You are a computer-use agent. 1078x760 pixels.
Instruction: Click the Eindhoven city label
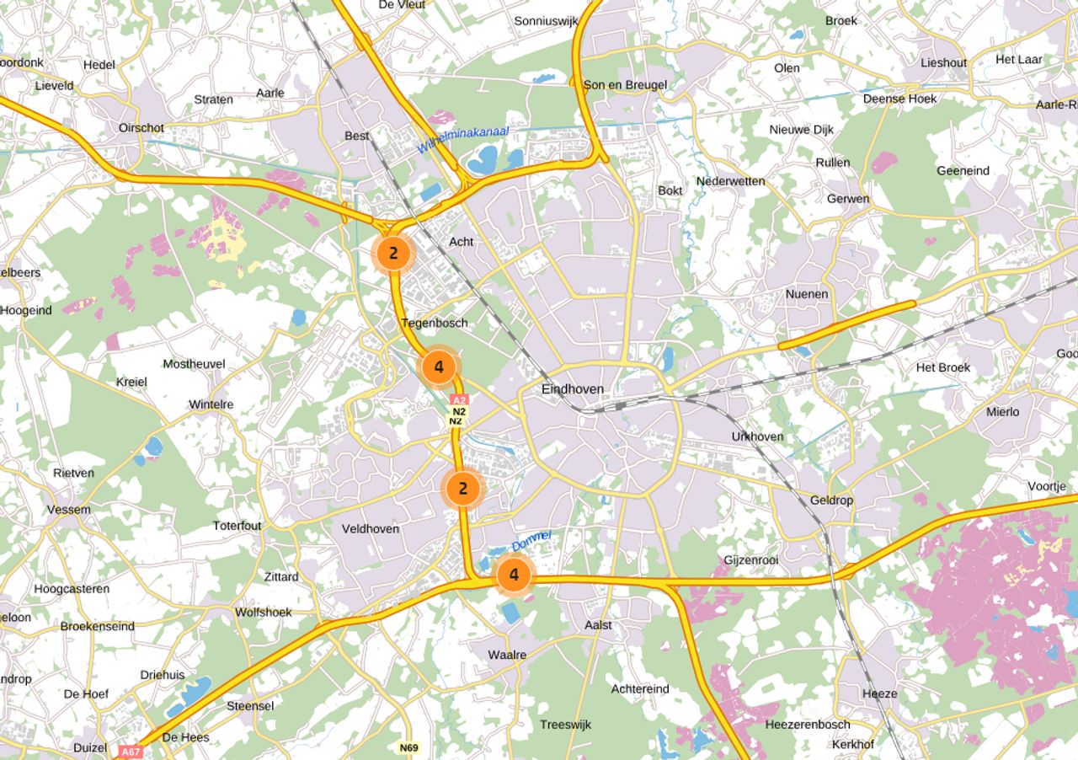(x=573, y=389)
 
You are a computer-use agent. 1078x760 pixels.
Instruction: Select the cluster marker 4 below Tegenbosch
(x=439, y=367)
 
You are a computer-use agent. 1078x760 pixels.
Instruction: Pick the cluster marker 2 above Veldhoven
(x=462, y=488)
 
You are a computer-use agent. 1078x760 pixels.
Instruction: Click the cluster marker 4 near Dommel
(x=514, y=575)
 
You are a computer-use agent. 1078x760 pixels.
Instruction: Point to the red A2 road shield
(x=458, y=400)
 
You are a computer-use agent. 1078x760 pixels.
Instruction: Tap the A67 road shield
(x=130, y=751)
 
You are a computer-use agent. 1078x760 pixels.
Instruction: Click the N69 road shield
(x=408, y=747)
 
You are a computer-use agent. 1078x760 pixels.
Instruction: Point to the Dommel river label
(x=531, y=541)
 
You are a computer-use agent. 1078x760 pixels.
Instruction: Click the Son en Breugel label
(x=625, y=84)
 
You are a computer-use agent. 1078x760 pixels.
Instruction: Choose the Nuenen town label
(x=807, y=294)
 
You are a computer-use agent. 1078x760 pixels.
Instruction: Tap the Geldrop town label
(x=831, y=500)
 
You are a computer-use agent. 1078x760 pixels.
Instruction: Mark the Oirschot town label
(x=141, y=128)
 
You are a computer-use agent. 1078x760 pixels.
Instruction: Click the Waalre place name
(x=507, y=655)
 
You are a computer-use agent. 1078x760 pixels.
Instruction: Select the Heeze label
(x=879, y=693)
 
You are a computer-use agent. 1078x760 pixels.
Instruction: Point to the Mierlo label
(x=1002, y=411)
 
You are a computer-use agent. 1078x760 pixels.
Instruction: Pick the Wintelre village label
(x=211, y=404)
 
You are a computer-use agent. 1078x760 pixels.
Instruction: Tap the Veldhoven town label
(x=371, y=528)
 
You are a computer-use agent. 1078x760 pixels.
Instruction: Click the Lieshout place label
(x=943, y=62)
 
